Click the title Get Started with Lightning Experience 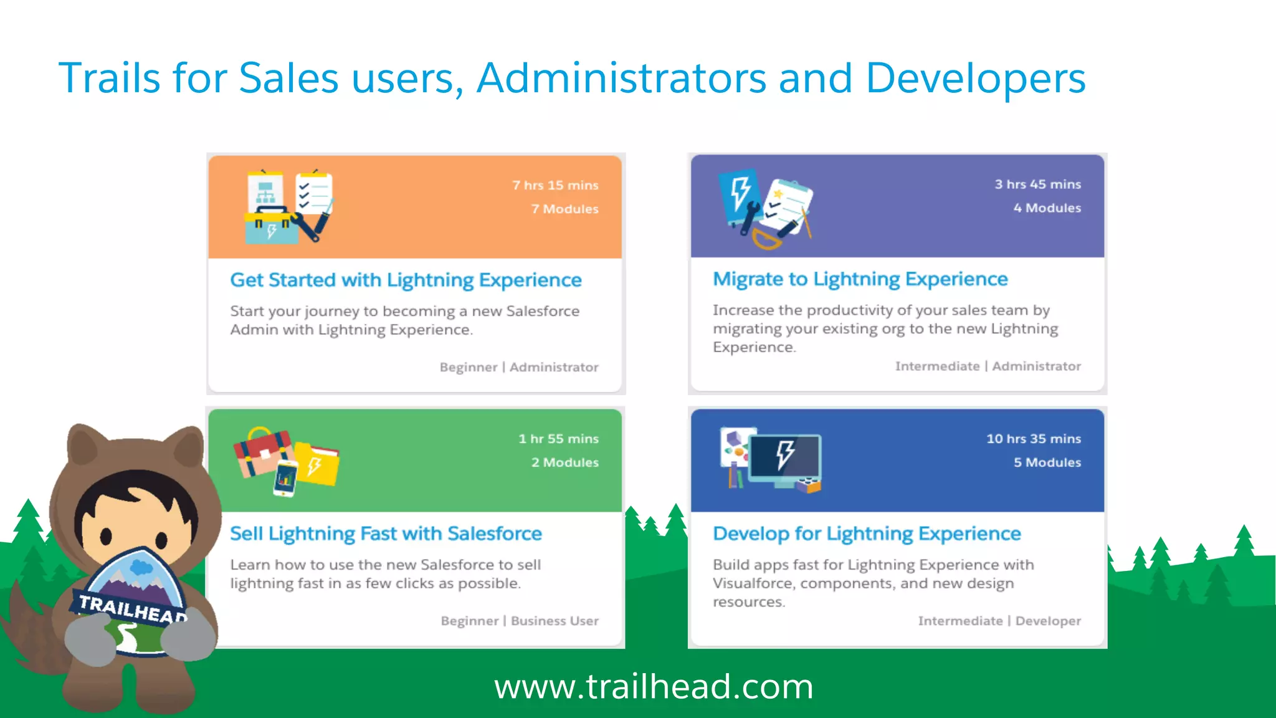click(406, 280)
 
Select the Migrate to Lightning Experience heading click(860, 279)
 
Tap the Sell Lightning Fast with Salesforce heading click(386, 534)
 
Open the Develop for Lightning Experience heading click(867, 534)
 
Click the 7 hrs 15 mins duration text click(555, 185)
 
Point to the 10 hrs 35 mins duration click(1034, 439)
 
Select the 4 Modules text click(1047, 208)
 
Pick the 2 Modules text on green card click(564, 462)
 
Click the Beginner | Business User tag click(520, 621)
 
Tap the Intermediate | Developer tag click(999, 621)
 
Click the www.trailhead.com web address click(654, 687)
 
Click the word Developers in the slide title click(976, 79)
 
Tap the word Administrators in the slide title click(621, 79)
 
